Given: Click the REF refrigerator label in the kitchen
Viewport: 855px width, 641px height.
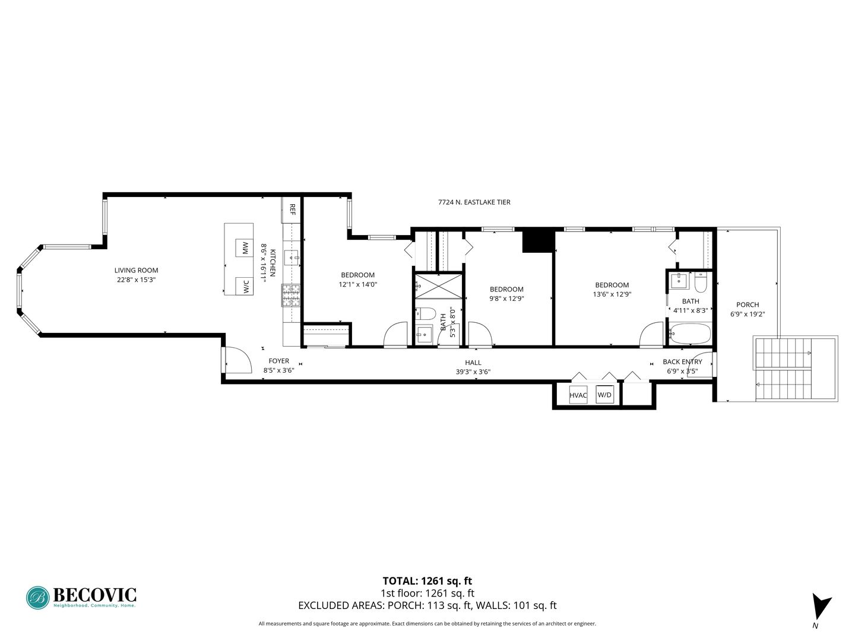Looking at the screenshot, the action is (292, 210).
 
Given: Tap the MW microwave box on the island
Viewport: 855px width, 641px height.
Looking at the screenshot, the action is (244, 247).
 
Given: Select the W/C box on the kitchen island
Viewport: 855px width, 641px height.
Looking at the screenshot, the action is (244, 287).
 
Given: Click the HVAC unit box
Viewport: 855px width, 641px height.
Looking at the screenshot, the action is (578, 395).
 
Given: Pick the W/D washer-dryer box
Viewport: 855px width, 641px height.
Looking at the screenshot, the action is (604, 394).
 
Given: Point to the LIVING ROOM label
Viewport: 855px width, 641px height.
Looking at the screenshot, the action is (137, 270).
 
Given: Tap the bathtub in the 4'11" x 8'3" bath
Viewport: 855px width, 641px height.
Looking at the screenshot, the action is (690, 333).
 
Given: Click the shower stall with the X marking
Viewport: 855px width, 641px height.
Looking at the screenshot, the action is (439, 286).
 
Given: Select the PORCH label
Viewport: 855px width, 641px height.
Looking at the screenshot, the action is (748, 304).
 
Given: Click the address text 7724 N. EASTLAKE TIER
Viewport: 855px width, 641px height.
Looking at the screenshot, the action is (474, 202).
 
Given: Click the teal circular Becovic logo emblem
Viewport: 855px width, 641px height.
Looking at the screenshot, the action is (38, 598).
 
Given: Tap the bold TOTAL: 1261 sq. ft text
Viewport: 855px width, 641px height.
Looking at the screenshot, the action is (427, 581).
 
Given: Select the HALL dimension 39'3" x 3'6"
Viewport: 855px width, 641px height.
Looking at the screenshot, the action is (473, 372).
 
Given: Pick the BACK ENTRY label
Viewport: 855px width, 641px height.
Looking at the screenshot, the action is (682, 362).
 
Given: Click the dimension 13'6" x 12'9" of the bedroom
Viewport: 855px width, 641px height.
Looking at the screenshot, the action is (612, 294).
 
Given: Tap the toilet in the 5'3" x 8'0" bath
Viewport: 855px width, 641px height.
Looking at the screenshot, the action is (426, 314).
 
